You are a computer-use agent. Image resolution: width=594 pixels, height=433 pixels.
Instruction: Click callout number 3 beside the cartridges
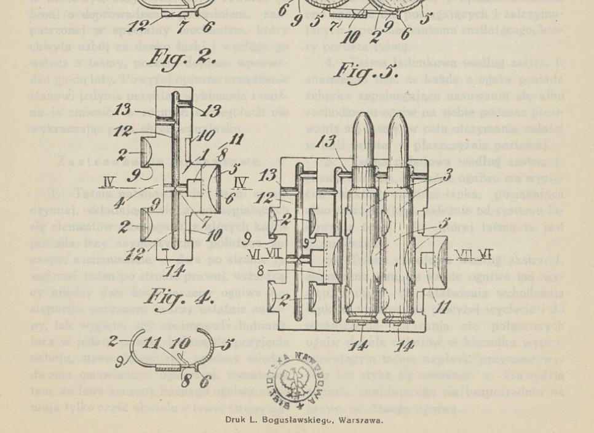[x=449, y=173]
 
